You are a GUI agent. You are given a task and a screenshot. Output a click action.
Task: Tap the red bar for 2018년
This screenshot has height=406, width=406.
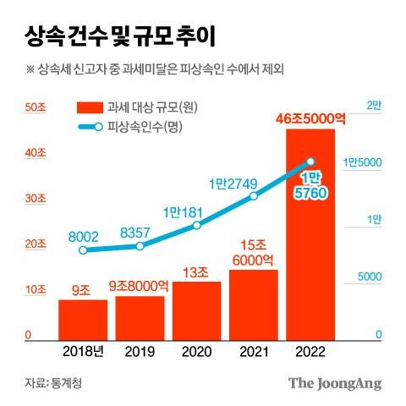(x=82, y=319)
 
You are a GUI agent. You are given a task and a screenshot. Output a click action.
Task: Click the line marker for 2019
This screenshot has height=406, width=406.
(x=140, y=245)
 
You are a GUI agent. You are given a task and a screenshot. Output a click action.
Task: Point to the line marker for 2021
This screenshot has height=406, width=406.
(x=254, y=196)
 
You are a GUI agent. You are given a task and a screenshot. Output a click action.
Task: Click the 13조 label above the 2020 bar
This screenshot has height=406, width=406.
(x=197, y=272)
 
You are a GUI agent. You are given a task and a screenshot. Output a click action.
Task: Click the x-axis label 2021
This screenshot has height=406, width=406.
(x=254, y=351)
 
